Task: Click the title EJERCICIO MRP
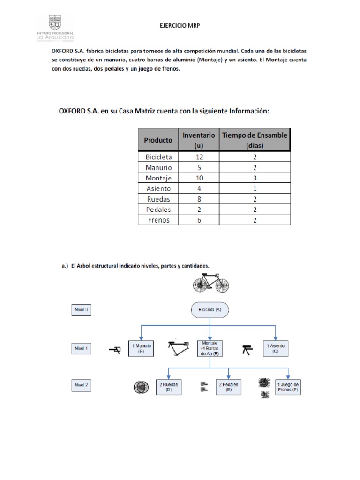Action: (x=180, y=26)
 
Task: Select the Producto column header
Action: (x=158, y=140)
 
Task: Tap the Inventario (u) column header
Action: (x=199, y=140)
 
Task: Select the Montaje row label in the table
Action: (x=158, y=178)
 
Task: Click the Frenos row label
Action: (x=158, y=220)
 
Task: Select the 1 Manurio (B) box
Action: (x=142, y=348)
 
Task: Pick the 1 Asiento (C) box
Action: (x=276, y=348)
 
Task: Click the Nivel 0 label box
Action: (x=81, y=310)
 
